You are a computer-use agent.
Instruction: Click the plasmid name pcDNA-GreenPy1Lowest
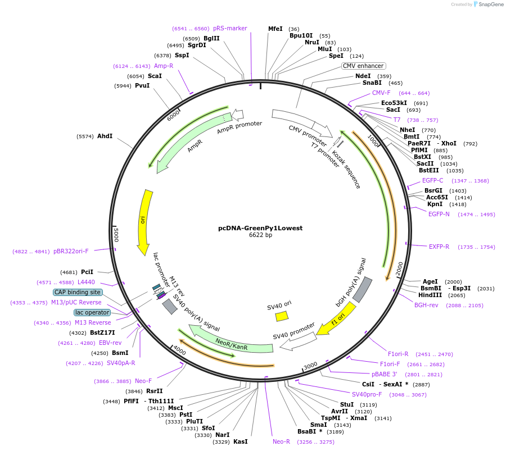click(x=260, y=228)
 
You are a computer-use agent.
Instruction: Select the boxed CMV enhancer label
click(x=363, y=66)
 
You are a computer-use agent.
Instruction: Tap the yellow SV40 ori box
click(x=282, y=316)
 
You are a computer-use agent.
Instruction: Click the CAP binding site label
click(x=78, y=292)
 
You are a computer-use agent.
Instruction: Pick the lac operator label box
click(x=92, y=312)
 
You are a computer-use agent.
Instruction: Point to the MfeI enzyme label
click(x=275, y=29)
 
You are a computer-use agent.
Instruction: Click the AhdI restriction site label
click(x=105, y=136)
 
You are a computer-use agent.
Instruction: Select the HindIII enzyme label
click(x=430, y=295)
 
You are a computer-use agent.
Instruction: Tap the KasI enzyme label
click(x=241, y=441)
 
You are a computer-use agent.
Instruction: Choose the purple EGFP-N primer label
click(x=439, y=214)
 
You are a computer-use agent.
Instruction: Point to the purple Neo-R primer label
click(x=281, y=441)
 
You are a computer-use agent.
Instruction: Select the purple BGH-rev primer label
click(x=426, y=305)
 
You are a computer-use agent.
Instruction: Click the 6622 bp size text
click(x=260, y=235)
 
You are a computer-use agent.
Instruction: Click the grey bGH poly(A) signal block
click(x=362, y=288)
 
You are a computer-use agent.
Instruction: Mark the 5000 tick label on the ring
click(x=116, y=234)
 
